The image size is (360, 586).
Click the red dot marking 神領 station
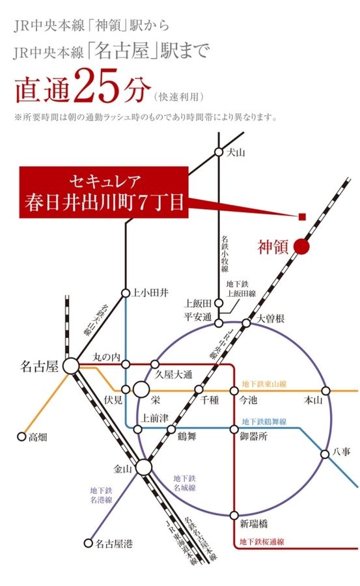pyautogui.click(x=301, y=246)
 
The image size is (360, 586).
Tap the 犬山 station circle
pyautogui.click(x=219, y=152)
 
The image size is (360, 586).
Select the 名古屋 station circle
pyautogui.click(x=70, y=366)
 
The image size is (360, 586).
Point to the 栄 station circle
pyautogui.click(x=140, y=391)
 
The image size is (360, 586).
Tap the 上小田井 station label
pyautogui.click(x=150, y=292)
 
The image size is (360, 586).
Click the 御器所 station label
pyautogui.click(x=253, y=437)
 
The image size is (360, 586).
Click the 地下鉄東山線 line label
pyautogui.click(x=264, y=384)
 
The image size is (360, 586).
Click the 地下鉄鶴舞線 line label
pyautogui.click(x=264, y=422)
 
